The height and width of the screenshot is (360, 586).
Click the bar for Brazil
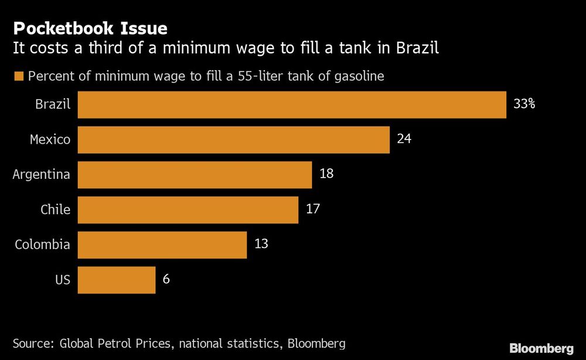click(x=292, y=105)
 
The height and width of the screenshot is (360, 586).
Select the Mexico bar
click(x=233, y=140)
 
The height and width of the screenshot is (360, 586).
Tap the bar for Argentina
click(x=195, y=175)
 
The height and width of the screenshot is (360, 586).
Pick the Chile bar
click(x=188, y=210)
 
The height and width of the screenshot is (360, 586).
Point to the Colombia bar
click(x=162, y=244)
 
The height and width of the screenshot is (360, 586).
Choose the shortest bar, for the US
click(x=116, y=280)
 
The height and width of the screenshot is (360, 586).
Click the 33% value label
click(x=524, y=105)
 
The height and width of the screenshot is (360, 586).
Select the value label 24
click(x=404, y=140)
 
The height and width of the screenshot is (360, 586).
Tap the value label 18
click(x=326, y=174)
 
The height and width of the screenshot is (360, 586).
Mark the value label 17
click(x=313, y=209)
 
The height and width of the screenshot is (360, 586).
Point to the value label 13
click(x=261, y=244)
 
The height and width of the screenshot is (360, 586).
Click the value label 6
click(x=166, y=279)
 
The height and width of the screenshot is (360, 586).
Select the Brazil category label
click(x=53, y=105)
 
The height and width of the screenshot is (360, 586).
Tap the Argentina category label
click(x=41, y=175)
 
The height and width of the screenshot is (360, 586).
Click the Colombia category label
click(x=42, y=244)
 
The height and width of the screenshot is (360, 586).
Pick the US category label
click(x=63, y=280)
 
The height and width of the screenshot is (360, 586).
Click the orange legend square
click(x=18, y=76)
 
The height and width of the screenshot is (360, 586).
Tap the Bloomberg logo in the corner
click(x=541, y=348)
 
